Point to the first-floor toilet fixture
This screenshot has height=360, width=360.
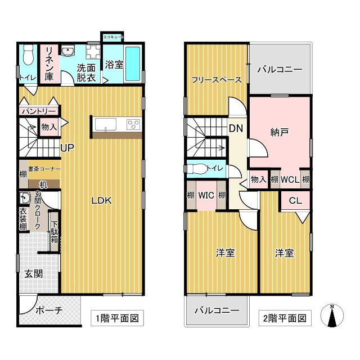pos(28,56)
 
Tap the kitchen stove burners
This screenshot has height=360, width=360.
pos(133,124)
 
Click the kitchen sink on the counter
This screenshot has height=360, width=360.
pos(105,124)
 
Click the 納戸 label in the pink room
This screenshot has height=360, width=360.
pos(279,132)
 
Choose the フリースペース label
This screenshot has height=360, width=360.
pos(217,80)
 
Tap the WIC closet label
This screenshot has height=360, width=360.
pos(205,195)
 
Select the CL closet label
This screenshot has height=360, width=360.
pos(295,201)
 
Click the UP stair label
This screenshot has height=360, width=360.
pos(67,148)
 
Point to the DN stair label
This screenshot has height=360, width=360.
pos(235,128)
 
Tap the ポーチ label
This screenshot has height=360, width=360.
pos(48,310)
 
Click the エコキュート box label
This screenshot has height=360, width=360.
pos(112,38)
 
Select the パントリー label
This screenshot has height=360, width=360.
pos(38,111)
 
